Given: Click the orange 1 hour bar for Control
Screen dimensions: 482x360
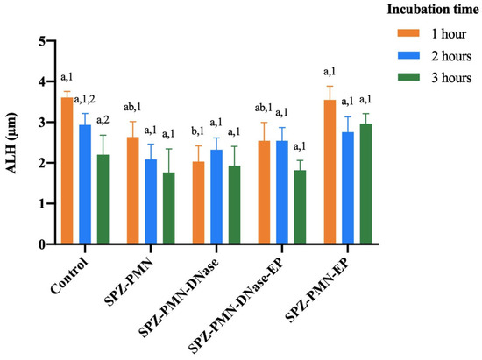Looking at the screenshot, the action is pos(67,171).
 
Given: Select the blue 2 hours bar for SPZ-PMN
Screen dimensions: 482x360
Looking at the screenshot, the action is pos(151,201).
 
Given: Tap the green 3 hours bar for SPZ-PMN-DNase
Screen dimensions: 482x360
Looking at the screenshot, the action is pos(235,205).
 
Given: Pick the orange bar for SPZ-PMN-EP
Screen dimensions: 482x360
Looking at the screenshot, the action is pos(330,172).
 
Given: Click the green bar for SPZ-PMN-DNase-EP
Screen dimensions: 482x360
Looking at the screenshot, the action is pos(300,207).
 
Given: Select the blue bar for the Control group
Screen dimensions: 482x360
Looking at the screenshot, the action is pos(85,185).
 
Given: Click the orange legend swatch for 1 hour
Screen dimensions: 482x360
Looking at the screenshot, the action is pos(408,33).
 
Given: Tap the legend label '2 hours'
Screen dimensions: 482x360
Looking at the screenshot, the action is pos(451,56).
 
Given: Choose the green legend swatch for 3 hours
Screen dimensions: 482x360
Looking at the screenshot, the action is pos(408,77).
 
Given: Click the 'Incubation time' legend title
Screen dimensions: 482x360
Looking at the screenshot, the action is pos(433,10).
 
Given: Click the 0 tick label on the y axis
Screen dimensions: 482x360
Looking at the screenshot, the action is pos(42,244).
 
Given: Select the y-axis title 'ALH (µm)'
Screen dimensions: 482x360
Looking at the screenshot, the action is pos(11,143).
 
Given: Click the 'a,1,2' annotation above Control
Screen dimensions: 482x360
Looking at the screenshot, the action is pos(84,100).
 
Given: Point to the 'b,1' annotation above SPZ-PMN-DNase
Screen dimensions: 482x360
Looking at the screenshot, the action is pos(198,131).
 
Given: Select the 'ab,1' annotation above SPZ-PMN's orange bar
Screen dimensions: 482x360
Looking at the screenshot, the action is pos(132,107).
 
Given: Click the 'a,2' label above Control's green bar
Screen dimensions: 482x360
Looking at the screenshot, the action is pos(103,120).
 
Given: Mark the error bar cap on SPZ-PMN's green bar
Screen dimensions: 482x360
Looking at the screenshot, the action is pos(169,149).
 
